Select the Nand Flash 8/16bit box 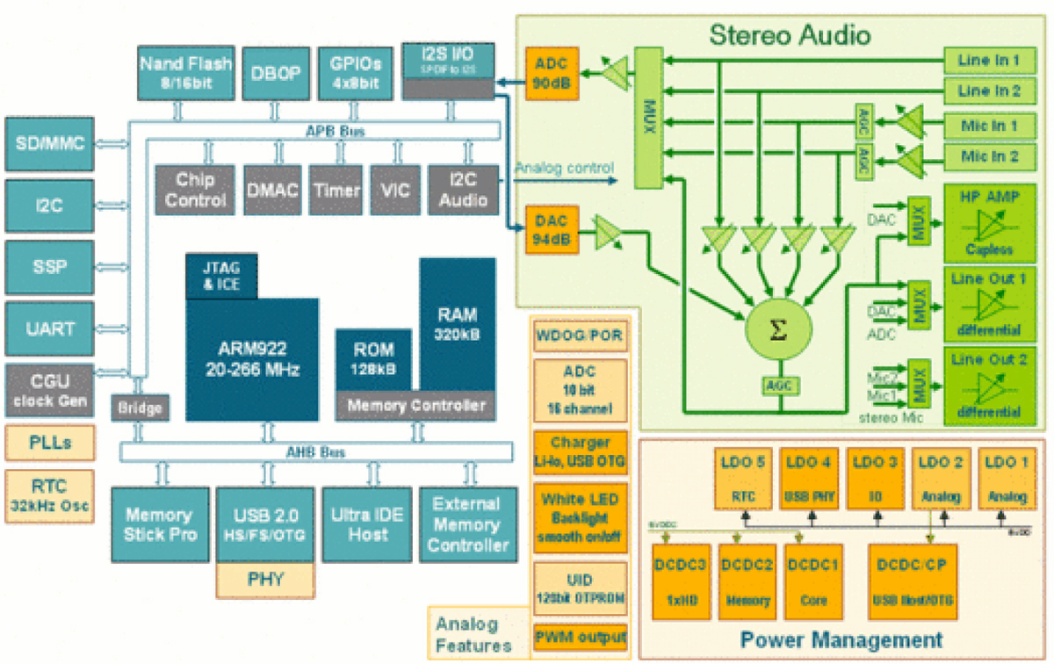186,73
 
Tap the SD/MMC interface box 50,142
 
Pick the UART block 50,328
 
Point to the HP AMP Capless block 990,222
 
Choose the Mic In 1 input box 989,126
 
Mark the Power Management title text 841,639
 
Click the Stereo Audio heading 790,35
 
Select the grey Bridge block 140,408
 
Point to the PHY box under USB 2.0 264,579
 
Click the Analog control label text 564,168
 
